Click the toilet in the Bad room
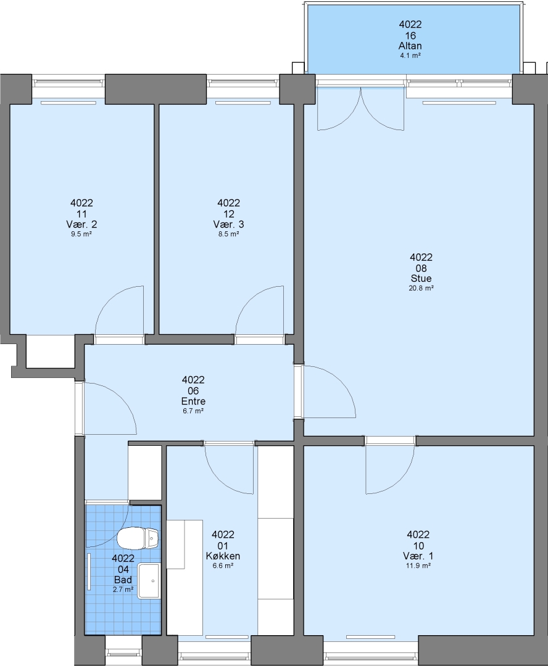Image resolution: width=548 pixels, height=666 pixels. point(138,538)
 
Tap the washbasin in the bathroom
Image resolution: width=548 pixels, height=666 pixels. point(148,581)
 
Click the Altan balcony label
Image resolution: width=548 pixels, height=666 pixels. point(410,46)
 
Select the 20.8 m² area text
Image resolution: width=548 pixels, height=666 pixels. point(421,288)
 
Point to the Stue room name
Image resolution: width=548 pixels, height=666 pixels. point(421,279)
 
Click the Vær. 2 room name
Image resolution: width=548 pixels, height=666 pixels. point(81,224)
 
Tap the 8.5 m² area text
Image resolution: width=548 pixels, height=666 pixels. point(228,234)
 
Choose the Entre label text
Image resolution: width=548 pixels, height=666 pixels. point(193,401)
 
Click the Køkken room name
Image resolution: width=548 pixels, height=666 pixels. point(223,556)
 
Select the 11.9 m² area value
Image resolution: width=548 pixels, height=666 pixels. point(418,565)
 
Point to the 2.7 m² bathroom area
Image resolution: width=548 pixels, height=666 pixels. point(123,590)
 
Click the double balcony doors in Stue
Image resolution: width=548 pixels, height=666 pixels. point(360,109)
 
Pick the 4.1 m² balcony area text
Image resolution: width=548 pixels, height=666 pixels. point(410,55)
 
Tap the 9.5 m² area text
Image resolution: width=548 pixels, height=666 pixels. point(81,234)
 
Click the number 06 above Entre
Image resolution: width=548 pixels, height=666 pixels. point(193,391)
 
